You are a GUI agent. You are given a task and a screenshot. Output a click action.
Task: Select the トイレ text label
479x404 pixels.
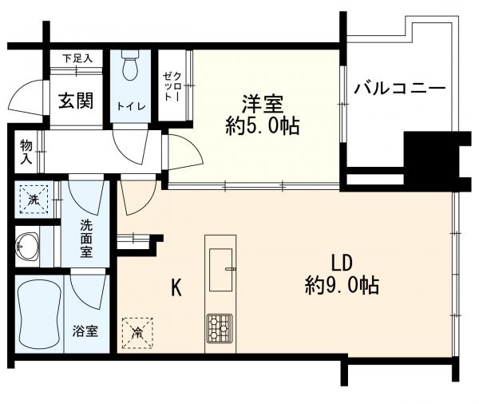coord(130,106)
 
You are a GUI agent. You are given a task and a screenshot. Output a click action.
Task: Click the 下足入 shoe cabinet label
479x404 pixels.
coord(77,58)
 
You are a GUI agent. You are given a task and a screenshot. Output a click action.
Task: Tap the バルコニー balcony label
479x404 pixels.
coord(400,87)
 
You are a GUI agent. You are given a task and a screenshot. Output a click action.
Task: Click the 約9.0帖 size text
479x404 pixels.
coord(342,284)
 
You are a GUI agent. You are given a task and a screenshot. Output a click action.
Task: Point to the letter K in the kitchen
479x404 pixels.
coord(176,287)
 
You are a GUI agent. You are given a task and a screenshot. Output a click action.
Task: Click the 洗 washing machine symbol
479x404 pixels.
coord(34,200)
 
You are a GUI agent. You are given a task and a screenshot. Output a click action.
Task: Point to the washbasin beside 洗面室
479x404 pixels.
coord(29,247)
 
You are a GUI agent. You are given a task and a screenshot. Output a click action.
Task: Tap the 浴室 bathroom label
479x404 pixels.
coord(85,331)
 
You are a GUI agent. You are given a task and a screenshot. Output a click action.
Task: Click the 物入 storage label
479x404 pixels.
coord(26,151)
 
